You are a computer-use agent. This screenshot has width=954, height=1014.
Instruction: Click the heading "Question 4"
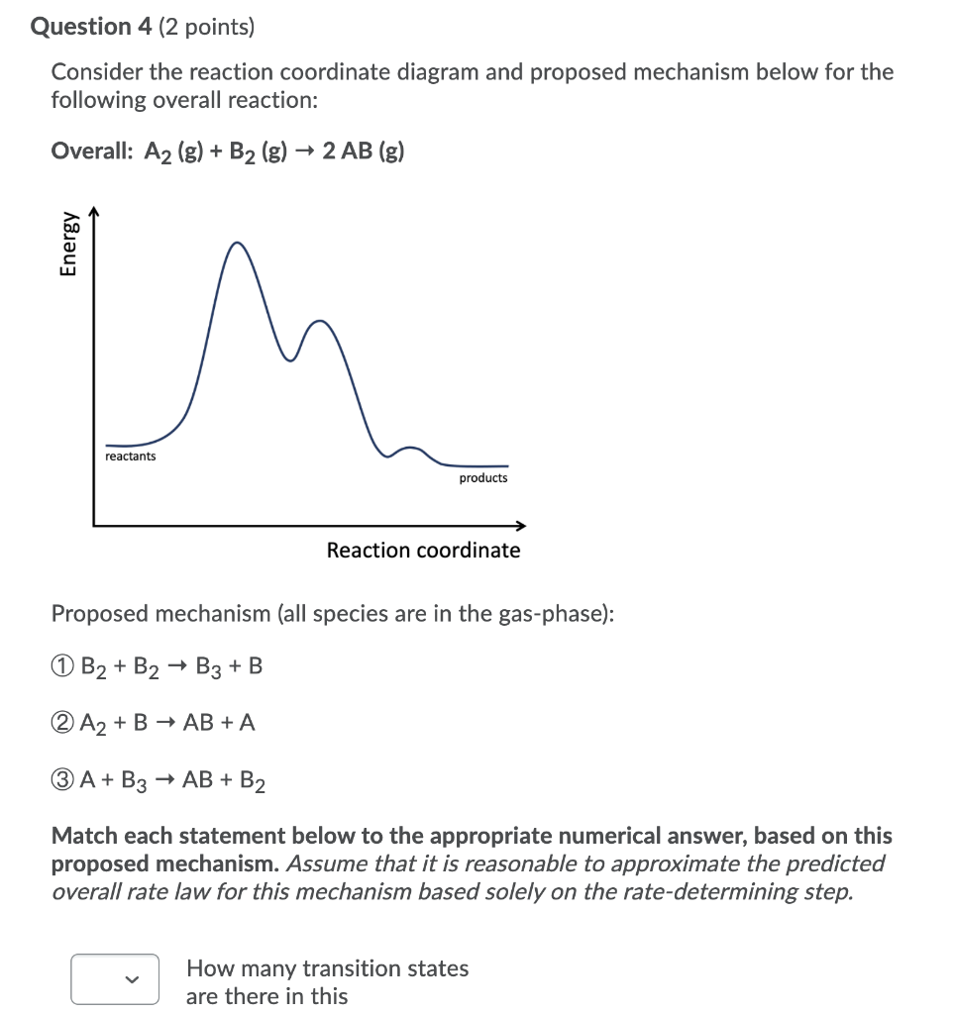click(x=89, y=27)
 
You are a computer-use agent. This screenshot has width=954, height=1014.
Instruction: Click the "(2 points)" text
click(x=205, y=27)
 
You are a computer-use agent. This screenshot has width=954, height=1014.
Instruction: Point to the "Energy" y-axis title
click(x=68, y=243)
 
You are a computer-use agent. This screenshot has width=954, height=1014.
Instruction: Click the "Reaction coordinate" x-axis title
click(x=423, y=551)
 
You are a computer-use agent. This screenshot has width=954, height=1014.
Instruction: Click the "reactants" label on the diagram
click(x=131, y=456)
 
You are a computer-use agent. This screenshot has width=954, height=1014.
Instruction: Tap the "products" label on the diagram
click(x=483, y=478)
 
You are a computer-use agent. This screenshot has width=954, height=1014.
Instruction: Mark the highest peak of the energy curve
click(x=236, y=243)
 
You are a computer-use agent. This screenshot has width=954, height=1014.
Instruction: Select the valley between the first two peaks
click(x=290, y=359)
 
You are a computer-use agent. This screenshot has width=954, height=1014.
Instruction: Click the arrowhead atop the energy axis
click(x=94, y=210)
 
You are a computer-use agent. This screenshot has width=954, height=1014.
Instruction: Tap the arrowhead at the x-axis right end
click(x=521, y=526)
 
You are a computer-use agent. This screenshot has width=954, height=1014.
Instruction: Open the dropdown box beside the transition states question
click(x=115, y=979)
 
